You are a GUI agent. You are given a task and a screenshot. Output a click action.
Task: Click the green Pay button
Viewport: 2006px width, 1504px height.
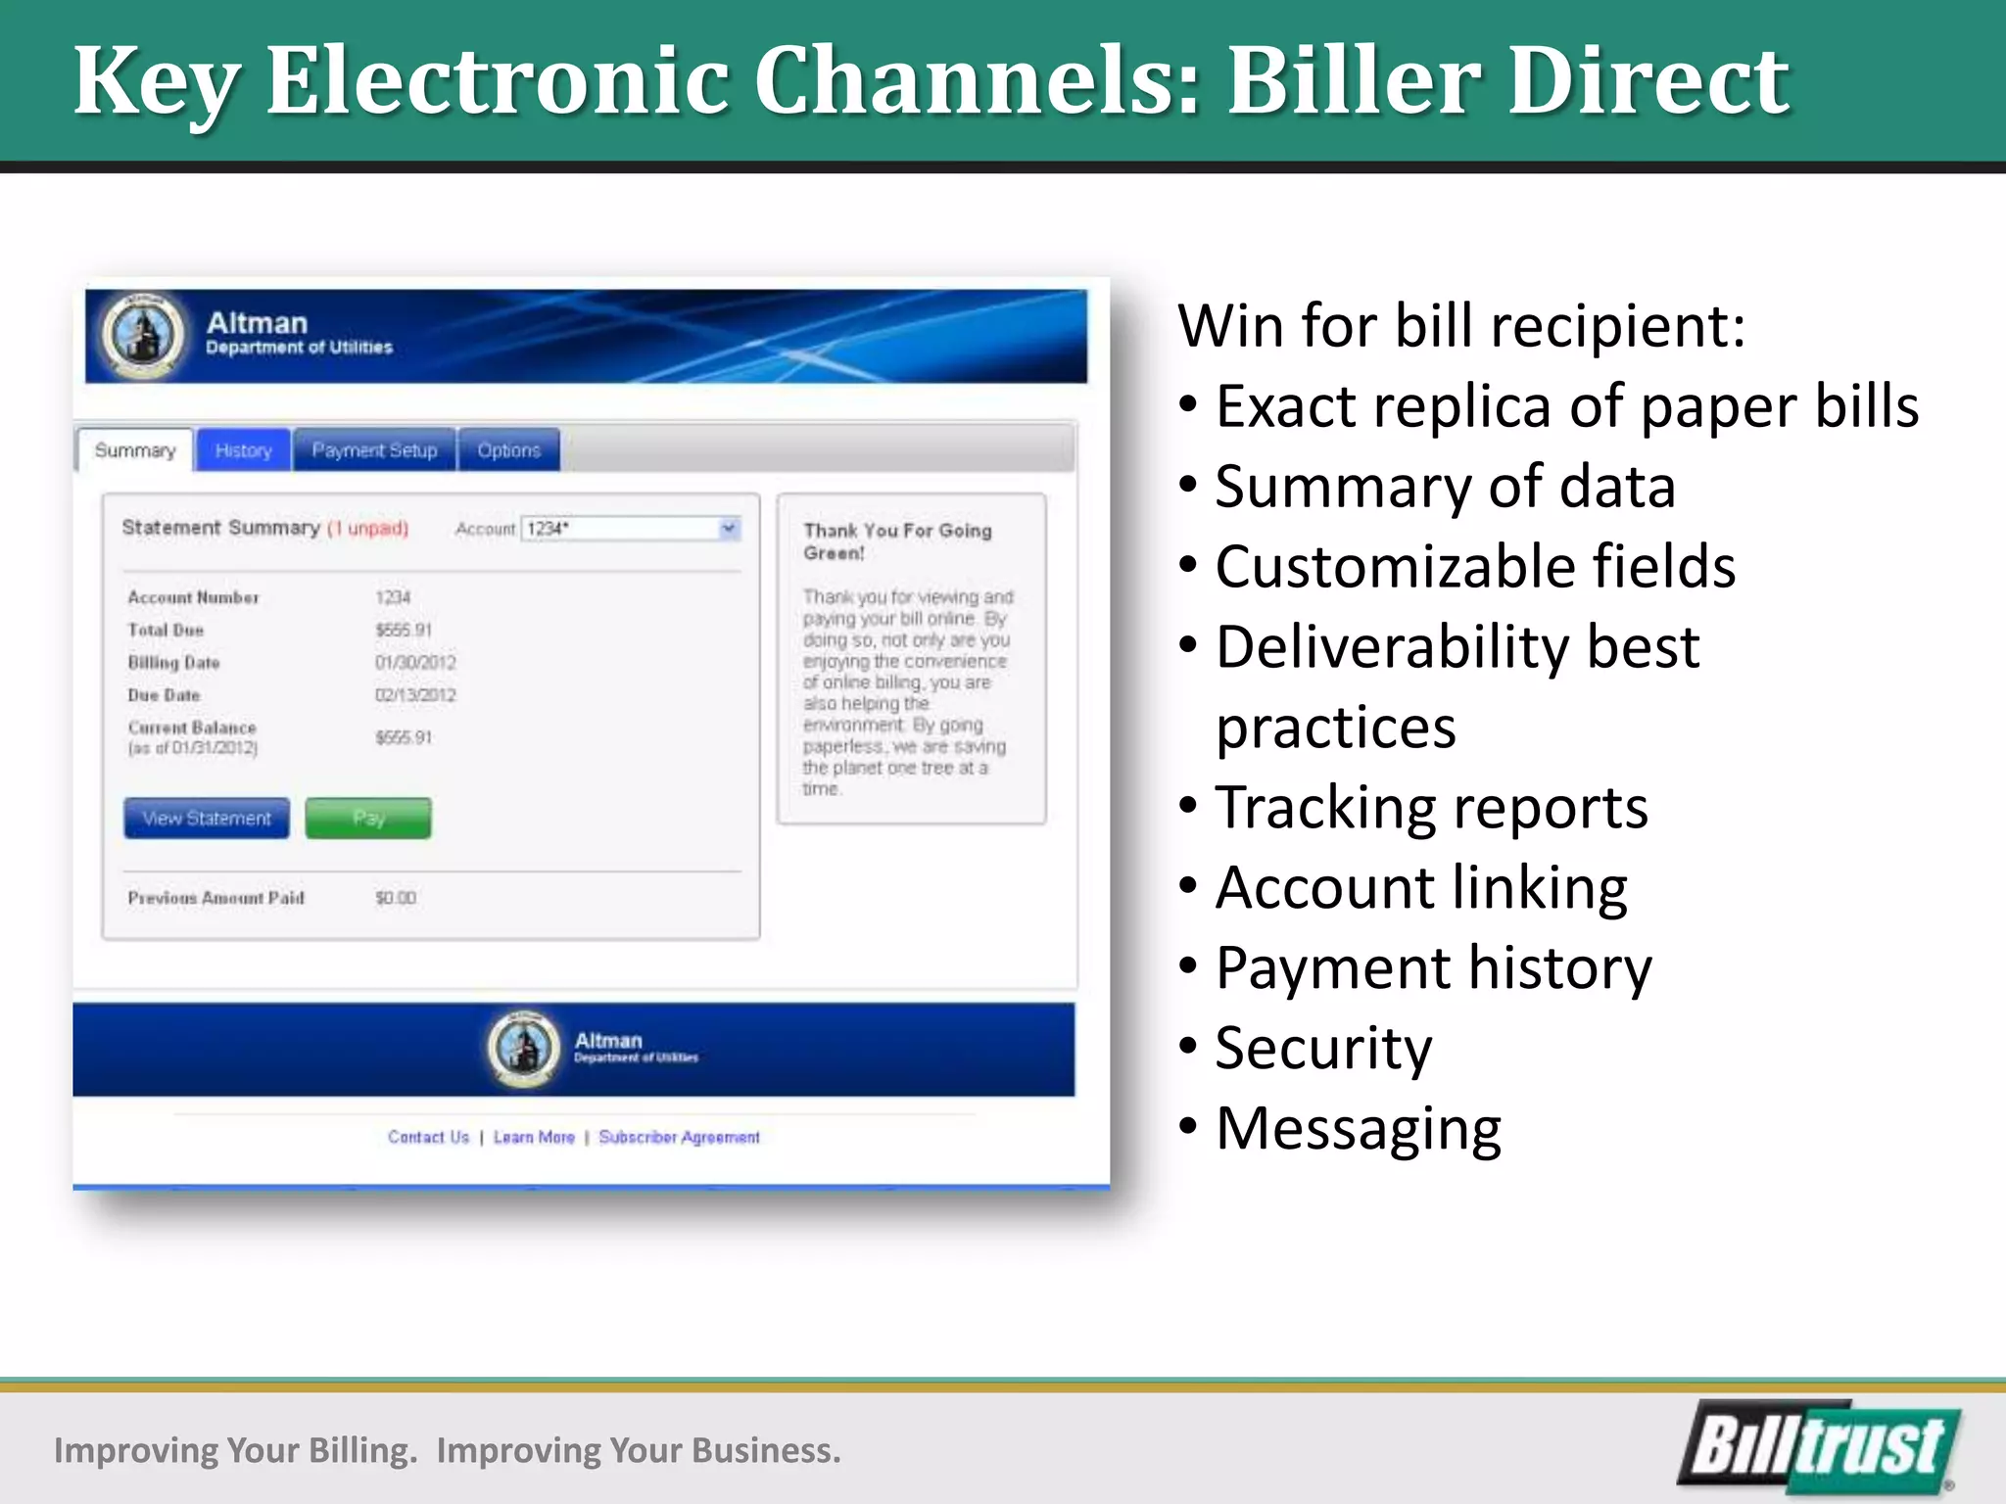pos(367,818)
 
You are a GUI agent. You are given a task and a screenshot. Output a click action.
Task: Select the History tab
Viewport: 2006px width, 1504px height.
pos(243,450)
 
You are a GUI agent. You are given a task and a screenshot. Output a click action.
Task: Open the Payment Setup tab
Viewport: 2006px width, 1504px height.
pos(374,450)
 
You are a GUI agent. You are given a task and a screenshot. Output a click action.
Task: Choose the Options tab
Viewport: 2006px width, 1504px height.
pos(508,450)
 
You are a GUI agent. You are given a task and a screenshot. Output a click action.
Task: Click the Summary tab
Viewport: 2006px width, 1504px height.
pos(135,450)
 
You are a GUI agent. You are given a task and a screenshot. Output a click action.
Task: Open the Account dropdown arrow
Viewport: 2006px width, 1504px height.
pos(729,529)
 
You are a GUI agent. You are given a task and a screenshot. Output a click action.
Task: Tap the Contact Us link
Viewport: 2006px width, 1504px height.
pos(428,1137)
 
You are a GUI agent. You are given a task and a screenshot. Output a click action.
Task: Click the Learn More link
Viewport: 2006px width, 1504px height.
pos(534,1137)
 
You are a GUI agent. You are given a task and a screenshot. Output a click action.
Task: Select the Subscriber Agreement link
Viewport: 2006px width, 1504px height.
pos(679,1137)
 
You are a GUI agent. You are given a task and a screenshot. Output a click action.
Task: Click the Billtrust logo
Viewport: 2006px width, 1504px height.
pos(1819,1447)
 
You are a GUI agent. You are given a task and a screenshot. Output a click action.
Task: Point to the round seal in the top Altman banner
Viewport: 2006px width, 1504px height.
pos(144,336)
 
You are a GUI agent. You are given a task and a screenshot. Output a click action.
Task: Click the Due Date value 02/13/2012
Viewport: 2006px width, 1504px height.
pos(415,695)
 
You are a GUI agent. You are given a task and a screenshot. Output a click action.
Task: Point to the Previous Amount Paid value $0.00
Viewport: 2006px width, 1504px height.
pos(396,898)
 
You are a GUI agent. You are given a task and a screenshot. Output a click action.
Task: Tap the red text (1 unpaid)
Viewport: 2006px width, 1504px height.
pos(367,529)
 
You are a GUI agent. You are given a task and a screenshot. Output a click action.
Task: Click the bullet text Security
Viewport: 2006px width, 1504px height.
pos(1322,1048)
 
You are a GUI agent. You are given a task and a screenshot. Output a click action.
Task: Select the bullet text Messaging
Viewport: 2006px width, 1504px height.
pos(1358,1128)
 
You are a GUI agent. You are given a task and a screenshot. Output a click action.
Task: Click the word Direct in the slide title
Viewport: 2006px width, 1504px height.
pos(1648,80)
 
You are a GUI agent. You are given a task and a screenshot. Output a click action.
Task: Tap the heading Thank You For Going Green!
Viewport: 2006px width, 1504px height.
pos(897,541)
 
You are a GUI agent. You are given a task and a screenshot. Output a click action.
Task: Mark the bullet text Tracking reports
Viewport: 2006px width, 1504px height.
pos(1431,808)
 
